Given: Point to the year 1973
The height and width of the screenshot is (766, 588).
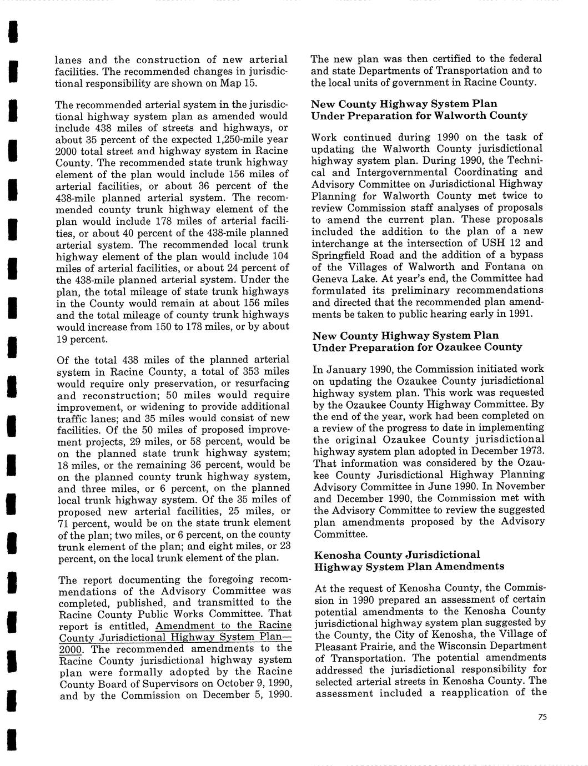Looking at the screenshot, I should click(531, 450).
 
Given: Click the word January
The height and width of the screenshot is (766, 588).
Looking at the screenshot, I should click(344, 369).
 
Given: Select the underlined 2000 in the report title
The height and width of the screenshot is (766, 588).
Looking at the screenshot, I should click(70, 649).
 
